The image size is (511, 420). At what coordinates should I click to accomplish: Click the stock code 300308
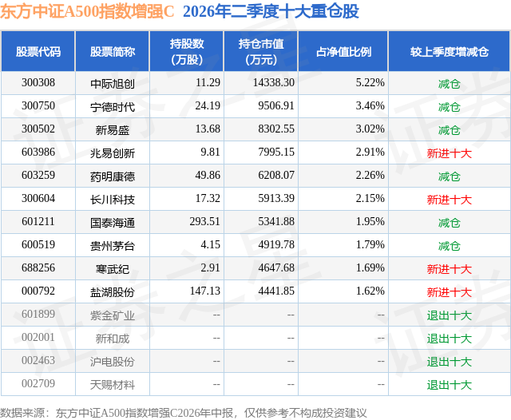38,83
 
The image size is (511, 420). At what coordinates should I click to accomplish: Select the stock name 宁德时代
113,106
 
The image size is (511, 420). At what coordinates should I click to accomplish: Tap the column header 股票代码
38,52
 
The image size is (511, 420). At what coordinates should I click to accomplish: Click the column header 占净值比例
343,52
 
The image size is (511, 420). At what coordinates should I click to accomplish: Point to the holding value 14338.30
274,83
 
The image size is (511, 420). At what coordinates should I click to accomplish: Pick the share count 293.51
205,221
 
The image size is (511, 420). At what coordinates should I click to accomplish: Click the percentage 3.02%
370,129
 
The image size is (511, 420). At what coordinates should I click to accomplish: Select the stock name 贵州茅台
113,245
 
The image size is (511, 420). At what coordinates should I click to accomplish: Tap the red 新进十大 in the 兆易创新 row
450,153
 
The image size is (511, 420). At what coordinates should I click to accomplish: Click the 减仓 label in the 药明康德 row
450,176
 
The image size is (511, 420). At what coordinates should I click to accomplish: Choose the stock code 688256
38,267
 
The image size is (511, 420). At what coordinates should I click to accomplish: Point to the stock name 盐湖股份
113,291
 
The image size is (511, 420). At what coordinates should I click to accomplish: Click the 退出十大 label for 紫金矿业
450,315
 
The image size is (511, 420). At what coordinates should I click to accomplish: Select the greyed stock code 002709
38,383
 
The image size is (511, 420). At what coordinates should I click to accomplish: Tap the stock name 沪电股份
113,361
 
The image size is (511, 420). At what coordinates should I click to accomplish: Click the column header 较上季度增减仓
450,52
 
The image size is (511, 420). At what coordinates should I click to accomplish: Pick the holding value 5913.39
276,199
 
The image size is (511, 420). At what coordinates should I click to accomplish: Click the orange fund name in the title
87,11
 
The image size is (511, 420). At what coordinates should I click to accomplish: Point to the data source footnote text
184,413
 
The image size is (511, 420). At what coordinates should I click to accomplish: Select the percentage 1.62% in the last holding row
370,291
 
